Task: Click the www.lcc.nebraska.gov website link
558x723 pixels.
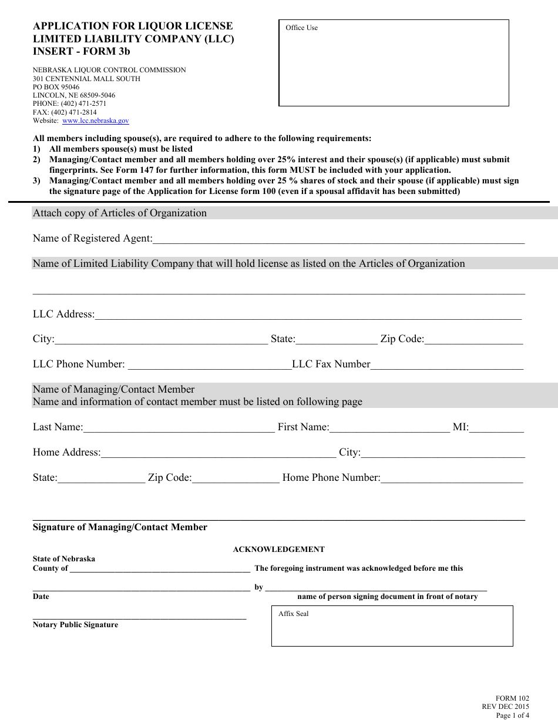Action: (x=95, y=120)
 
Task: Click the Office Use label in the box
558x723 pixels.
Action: (x=301, y=28)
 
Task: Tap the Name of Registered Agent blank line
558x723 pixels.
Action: (x=338, y=239)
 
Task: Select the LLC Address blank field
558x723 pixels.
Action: (x=307, y=315)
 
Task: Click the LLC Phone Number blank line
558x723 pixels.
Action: (x=209, y=365)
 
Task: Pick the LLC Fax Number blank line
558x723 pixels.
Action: (x=446, y=365)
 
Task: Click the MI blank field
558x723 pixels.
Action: (x=496, y=428)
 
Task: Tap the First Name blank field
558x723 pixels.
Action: (x=389, y=428)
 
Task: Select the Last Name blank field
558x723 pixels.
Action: (x=179, y=428)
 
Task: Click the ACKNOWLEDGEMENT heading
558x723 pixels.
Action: (x=278, y=550)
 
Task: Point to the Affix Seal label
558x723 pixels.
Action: (x=293, y=614)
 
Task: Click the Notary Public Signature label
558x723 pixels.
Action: (x=75, y=625)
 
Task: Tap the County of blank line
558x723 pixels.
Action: (x=159, y=569)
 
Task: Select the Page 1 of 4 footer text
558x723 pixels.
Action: (x=512, y=715)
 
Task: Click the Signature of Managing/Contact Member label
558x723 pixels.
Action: (x=120, y=527)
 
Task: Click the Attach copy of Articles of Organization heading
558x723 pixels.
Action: (x=120, y=213)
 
